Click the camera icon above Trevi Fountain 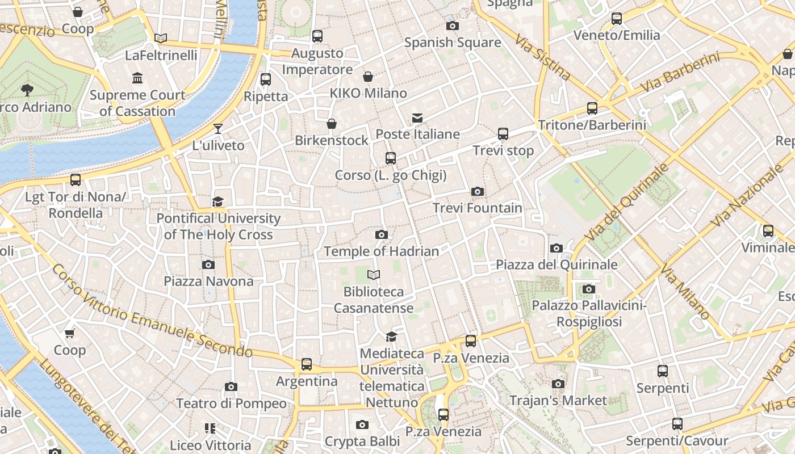click(478, 192)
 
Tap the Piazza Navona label click(208, 281)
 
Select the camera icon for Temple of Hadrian click(381, 235)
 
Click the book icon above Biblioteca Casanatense click(373, 275)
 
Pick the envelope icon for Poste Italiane click(417, 118)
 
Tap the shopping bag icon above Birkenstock click(332, 124)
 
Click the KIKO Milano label click(369, 93)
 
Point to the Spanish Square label click(453, 43)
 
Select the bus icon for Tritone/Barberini click(592, 108)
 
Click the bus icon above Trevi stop click(503, 134)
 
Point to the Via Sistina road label click(543, 57)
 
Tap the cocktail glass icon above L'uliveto click(218, 129)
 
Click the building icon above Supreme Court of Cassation click(137, 78)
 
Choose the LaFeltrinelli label click(161, 55)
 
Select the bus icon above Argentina click(307, 364)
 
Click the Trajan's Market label click(558, 401)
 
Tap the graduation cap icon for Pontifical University click(218, 201)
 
